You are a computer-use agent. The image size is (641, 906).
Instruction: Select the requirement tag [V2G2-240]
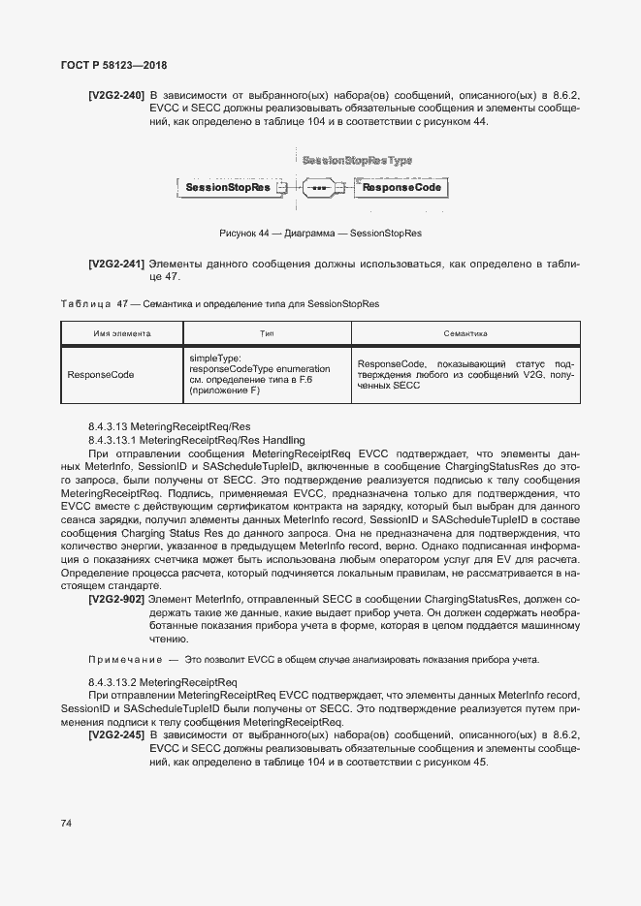[116, 95]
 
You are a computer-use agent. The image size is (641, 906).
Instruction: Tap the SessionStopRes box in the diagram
[227, 187]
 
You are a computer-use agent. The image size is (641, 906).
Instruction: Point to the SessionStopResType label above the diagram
[357, 160]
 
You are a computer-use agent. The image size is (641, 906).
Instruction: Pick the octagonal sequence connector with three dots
[317, 187]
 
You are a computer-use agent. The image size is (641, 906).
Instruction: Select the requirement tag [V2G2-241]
[116, 264]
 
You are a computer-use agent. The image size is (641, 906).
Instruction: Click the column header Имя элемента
[121, 333]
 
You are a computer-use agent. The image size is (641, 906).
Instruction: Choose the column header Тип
[267, 333]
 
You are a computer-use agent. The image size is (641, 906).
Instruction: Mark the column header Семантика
[465, 333]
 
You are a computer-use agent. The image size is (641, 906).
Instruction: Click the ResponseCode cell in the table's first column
[101, 375]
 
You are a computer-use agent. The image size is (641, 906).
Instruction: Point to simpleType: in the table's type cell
[214, 358]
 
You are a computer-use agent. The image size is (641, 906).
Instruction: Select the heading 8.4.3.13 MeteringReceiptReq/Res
[169, 426]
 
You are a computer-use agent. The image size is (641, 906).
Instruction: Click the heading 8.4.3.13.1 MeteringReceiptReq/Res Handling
[196, 440]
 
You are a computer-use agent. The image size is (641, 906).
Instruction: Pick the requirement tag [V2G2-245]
[116, 735]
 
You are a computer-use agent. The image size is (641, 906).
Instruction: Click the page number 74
[67, 823]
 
